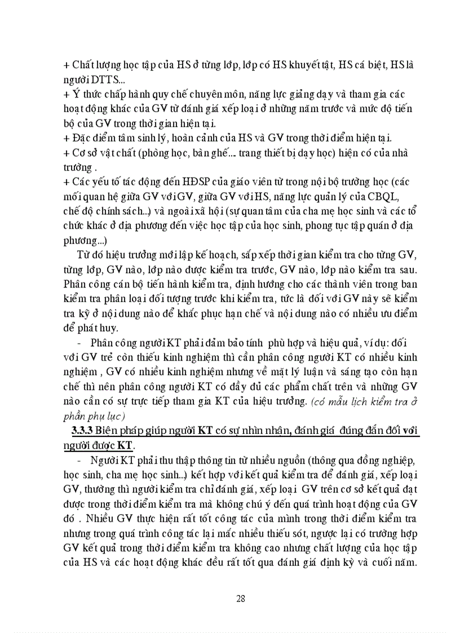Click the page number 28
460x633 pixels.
pos(241,599)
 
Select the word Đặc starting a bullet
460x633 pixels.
pos(83,138)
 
